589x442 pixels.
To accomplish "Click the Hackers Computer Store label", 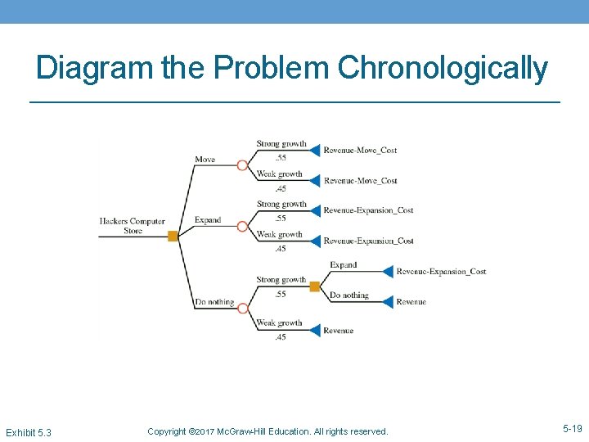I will (133, 226).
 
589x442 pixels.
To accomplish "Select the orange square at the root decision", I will (173, 236).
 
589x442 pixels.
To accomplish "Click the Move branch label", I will (205, 159).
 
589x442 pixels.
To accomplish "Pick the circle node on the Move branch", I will (242, 165).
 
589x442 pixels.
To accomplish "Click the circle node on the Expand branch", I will (242, 226).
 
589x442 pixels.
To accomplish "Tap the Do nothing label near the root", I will (214, 302).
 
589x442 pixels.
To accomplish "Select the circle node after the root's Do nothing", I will (242, 308).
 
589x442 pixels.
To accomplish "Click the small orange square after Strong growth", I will (314, 286).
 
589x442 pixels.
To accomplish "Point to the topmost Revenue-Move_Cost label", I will (360, 151).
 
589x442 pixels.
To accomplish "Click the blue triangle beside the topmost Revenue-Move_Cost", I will (315, 151).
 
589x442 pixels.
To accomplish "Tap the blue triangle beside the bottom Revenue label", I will (315, 331).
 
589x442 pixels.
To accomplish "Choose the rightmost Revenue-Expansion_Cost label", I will (441, 272).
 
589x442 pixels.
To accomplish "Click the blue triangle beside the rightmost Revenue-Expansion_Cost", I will (387, 272).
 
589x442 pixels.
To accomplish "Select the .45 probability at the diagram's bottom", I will (280, 337).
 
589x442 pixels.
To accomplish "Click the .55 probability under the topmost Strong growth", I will (280, 157).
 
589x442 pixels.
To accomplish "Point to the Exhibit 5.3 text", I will (28, 431).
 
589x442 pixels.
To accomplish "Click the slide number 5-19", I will (572, 428).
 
